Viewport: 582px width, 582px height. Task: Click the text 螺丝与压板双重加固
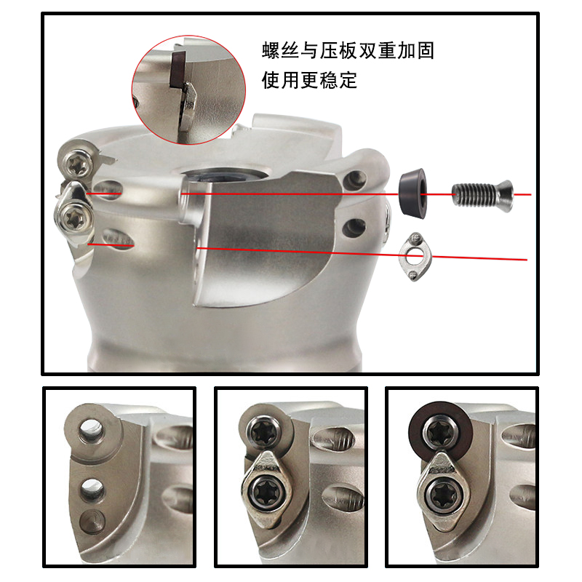[x=348, y=51]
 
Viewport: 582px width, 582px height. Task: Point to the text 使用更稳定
[x=309, y=80]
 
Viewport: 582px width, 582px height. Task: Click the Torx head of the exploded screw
[x=506, y=193]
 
